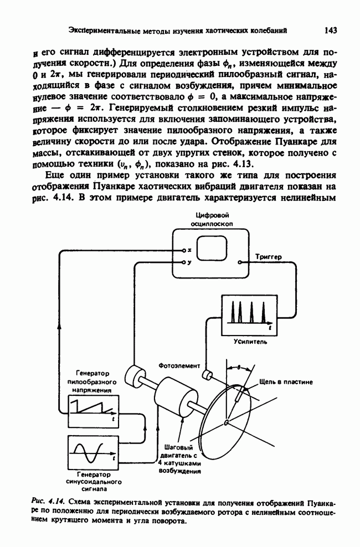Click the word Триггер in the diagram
pos(269,257)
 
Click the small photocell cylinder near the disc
pos(208,375)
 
